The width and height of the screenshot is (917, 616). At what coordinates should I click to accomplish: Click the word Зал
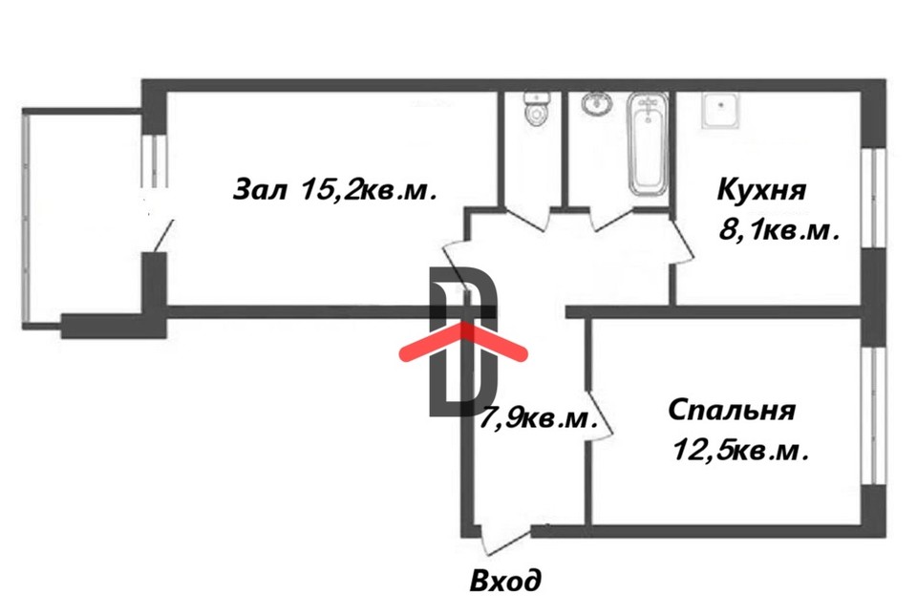pyautogui.click(x=260, y=189)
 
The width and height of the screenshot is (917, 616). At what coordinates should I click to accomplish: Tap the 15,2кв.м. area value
pyautogui.click(x=369, y=189)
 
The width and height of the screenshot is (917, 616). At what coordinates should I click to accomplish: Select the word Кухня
pyautogui.click(x=762, y=189)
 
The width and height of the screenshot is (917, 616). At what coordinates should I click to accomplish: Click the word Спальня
pyautogui.click(x=732, y=411)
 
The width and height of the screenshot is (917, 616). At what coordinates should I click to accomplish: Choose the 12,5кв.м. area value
pyautogui.click(x=740, y=450)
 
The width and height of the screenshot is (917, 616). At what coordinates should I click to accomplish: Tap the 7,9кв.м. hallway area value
pyautogui.click(x=541, y=417)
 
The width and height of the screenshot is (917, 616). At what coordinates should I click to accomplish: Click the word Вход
pyautogui.click(x=505, y=579)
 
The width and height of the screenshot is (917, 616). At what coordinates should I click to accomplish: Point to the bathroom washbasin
pyautogui.click(x=597, y=103)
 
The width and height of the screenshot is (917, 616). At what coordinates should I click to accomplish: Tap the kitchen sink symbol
pyautogui.click(x=719, y=110)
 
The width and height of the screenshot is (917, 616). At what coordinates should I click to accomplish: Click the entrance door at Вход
pyautogui.click(x=503, y=541)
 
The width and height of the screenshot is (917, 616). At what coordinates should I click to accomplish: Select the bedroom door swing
pyautogui.click(x=598, y=417)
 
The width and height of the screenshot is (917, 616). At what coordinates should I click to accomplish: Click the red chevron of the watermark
pyautogui.click(x=463, y=342)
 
